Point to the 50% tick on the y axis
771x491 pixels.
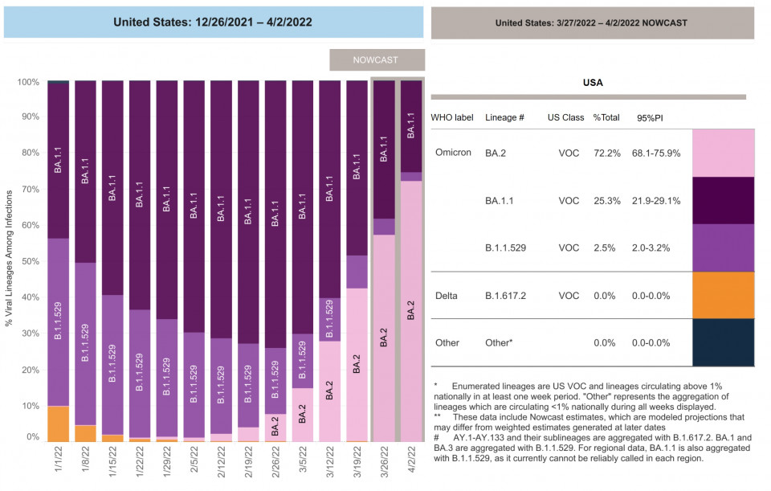tap(29, 261)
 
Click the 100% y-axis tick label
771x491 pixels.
tap(27, 82)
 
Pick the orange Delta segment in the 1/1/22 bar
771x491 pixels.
tap(58, 423)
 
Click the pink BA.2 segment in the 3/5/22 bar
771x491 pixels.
tap(303, 415)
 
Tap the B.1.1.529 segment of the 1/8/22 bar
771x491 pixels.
tap(85, 344)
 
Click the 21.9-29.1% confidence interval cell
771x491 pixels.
tap(659, 200)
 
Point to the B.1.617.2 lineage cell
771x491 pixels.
tap(506, 296)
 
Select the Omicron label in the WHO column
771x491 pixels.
tap(453, 153)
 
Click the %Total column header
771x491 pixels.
tap(606, 117)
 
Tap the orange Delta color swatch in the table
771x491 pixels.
tap(723, 295)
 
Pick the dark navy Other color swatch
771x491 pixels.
tap(723, 342)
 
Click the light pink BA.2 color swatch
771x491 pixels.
tap(723, 153)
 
